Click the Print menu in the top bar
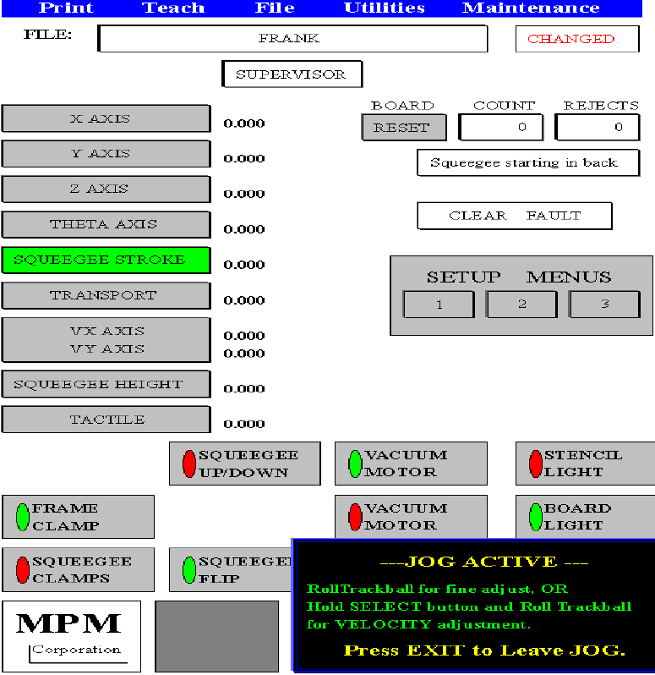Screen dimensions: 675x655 [x=66, y=8]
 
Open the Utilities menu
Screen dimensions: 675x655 [x=384, y=8]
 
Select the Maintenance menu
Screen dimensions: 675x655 [x=531, y=8]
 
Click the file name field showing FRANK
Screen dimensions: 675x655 [x=292, y=39]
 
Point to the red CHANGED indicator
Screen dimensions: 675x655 [x=570, y=39]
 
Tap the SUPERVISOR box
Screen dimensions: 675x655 [x=292, y=74]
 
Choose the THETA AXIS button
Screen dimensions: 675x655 [x=106, y=225]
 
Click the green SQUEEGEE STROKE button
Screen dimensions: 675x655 [x=106, y=260]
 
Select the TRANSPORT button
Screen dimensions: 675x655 [x=106, y=296]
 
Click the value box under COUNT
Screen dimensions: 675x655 [x=501, y=127]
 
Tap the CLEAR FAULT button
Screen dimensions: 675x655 [x=514, y=216]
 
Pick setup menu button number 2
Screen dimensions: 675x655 [x=521, y=305]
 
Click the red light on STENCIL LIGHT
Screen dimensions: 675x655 [x=535, y=464]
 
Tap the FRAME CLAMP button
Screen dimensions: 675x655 [x=78, y=517]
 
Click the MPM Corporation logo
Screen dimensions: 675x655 [x=71, y=634]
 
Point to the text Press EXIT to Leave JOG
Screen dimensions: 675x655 [x=484, y=650]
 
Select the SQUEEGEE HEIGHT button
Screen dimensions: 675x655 [x=106, y=385]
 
